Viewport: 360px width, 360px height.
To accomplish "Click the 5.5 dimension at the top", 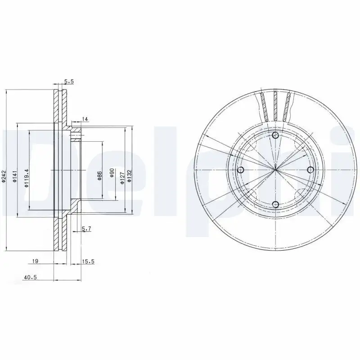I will point(69,81).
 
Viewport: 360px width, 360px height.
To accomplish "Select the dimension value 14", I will point(85,119).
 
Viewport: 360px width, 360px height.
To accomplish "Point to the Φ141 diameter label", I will point(14,175).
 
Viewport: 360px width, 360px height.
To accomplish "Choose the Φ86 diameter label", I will point(99,176).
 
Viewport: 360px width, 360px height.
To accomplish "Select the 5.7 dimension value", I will point(87,229).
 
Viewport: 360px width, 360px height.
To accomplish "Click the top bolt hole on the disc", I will point(275,135).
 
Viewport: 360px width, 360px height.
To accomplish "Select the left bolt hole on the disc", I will point(240,170).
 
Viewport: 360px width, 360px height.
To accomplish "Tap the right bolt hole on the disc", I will point(310,169).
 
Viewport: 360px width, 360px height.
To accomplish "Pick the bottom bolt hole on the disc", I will point(275,205).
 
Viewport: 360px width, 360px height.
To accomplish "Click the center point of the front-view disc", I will point(275,170).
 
